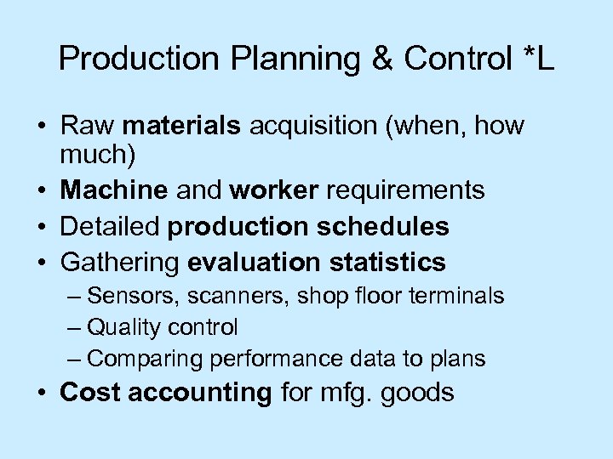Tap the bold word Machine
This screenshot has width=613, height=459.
(116, 190)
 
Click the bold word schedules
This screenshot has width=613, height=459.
(392, 227)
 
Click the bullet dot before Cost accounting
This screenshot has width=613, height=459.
(43, 394)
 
